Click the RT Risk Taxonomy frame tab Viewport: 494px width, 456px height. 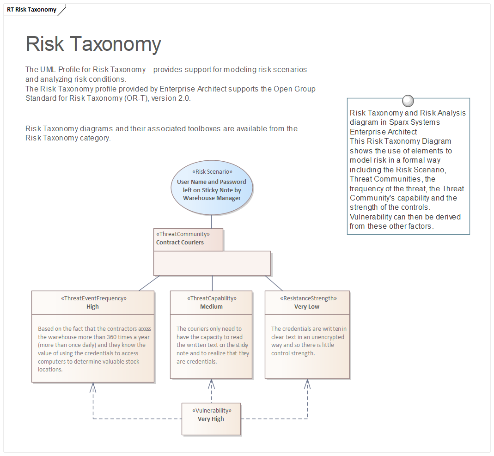(32, 10)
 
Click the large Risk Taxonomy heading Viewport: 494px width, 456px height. (93, 44)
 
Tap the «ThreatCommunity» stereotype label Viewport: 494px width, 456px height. (182, 234)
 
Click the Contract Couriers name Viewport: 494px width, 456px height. (180, 242)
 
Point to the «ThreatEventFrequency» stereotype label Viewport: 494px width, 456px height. (92, 298)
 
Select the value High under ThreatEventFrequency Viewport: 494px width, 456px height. (92, 307)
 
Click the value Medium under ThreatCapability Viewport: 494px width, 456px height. (211, 307)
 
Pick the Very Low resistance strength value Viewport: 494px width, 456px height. (307, 307)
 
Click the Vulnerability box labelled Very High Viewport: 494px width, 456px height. (211, 419)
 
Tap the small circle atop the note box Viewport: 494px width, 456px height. (408, 101)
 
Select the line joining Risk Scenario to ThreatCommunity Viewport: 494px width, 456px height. (212, 222)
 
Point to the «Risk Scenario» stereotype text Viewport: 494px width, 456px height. (212, 172)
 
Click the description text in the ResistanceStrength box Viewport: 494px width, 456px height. (308, 341)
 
